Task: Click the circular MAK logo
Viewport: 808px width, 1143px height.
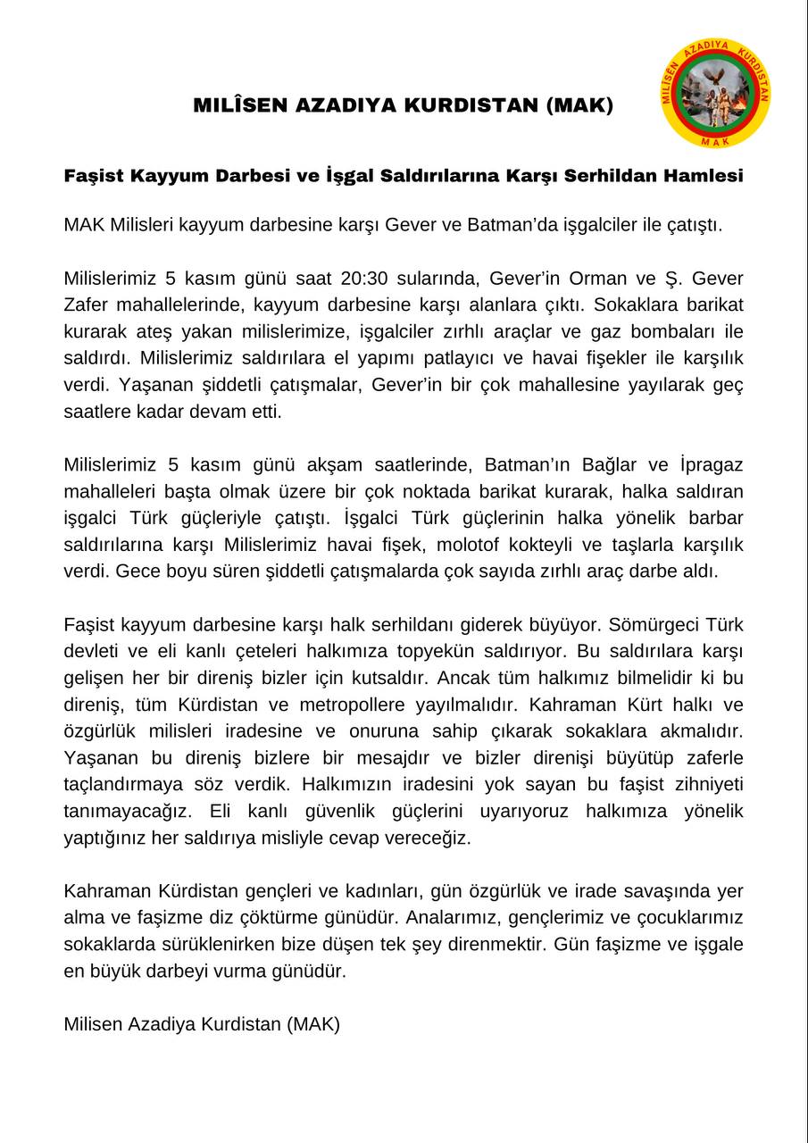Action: click(x=715, y=93)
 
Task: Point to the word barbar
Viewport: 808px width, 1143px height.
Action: click(x=712, y=518)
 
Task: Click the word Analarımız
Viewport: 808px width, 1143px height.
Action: click(x=471, y=918)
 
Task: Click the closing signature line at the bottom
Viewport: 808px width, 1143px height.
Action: click(x=202, y=1024)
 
